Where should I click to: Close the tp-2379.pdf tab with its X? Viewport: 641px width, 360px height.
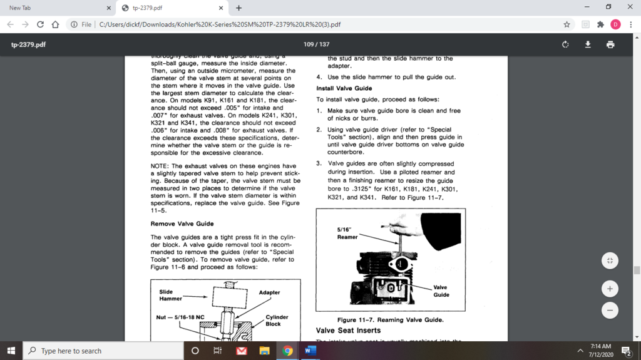221,8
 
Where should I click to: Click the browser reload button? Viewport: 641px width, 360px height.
41,24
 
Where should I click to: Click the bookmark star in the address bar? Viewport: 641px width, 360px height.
567,24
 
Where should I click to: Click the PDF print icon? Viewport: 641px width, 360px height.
610,44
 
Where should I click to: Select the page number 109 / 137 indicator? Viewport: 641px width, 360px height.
316,44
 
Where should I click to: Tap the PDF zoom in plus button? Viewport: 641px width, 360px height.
610,289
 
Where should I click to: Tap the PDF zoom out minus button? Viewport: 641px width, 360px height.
610,310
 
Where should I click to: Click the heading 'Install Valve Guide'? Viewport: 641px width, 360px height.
344,88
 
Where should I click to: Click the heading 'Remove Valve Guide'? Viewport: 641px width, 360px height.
182,224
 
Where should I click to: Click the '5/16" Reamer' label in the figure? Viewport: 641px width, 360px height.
347,234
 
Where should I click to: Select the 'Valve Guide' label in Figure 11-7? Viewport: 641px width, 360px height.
441,291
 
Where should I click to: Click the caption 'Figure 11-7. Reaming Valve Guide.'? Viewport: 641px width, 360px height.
390,319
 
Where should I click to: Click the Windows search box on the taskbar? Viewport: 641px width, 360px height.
103,351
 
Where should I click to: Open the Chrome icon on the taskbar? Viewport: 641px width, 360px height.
287,351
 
